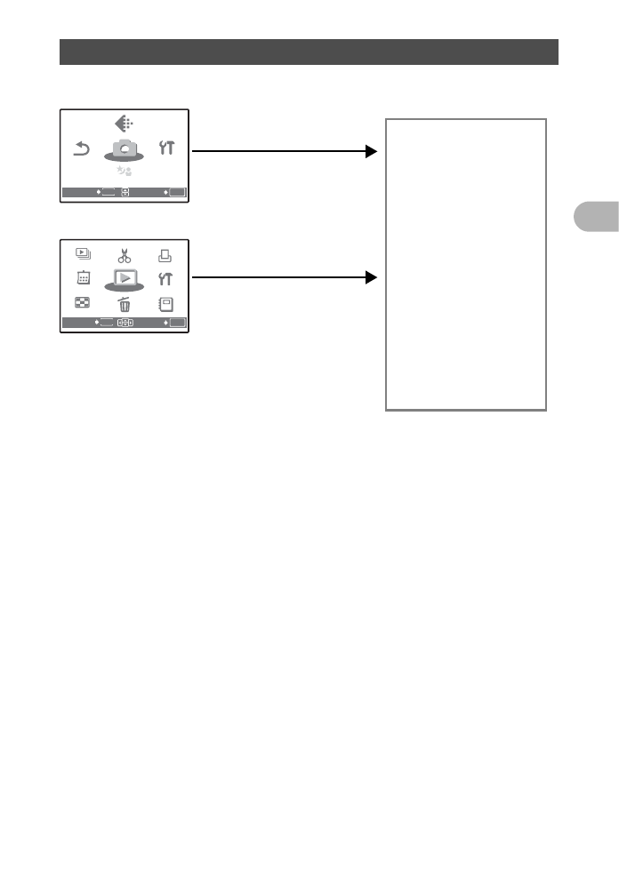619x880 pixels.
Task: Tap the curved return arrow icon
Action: click(81, 149)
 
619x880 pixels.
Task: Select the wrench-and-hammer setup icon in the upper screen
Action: click(167, 148)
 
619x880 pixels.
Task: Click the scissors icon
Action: click(125, 257)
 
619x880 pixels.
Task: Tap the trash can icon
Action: click(125, 304)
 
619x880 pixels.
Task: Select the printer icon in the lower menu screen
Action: click(167, 256)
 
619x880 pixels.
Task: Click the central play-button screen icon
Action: click(125, 279)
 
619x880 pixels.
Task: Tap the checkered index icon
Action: click(81, 303)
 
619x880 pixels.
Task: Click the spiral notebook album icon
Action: click(167, 303)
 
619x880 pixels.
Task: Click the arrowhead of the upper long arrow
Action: click(371, 151)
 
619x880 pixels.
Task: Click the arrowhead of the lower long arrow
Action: click(371, 278)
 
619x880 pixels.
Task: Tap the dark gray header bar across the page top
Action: click(309, 52)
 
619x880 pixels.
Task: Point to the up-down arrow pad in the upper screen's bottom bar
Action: click(125, 192)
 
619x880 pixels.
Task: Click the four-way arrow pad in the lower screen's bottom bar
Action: click(125, 324)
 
